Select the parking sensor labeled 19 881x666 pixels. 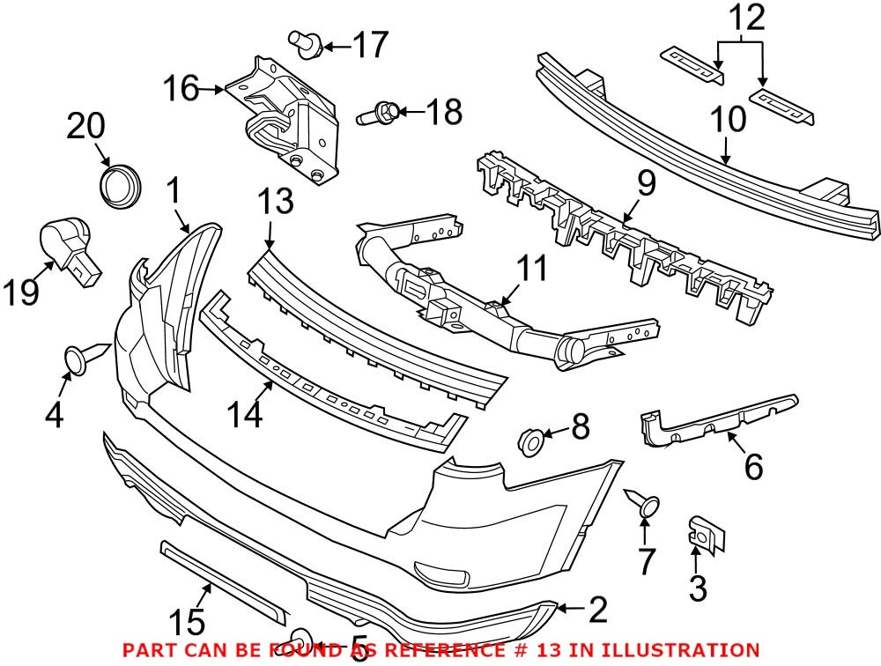click(x=69, y=248)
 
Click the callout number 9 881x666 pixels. click(x=646, y=183)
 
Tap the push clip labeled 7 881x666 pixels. click(x=646, y=505)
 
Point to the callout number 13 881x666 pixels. click(x=276, y=203)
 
